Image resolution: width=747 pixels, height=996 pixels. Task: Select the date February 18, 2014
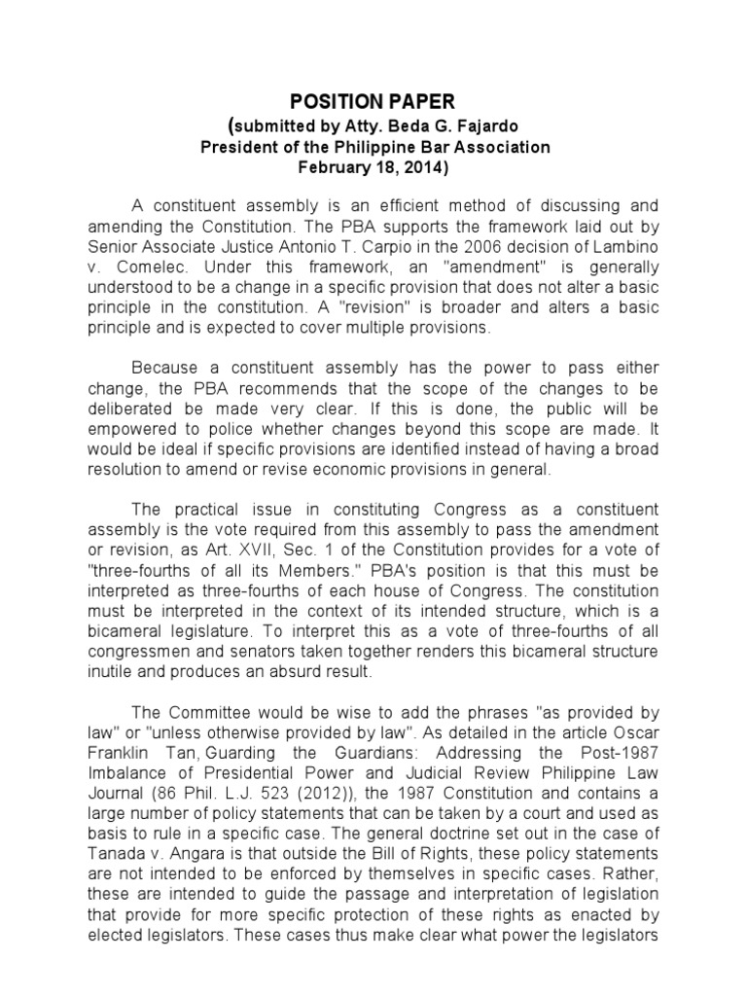tap(373, 167)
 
